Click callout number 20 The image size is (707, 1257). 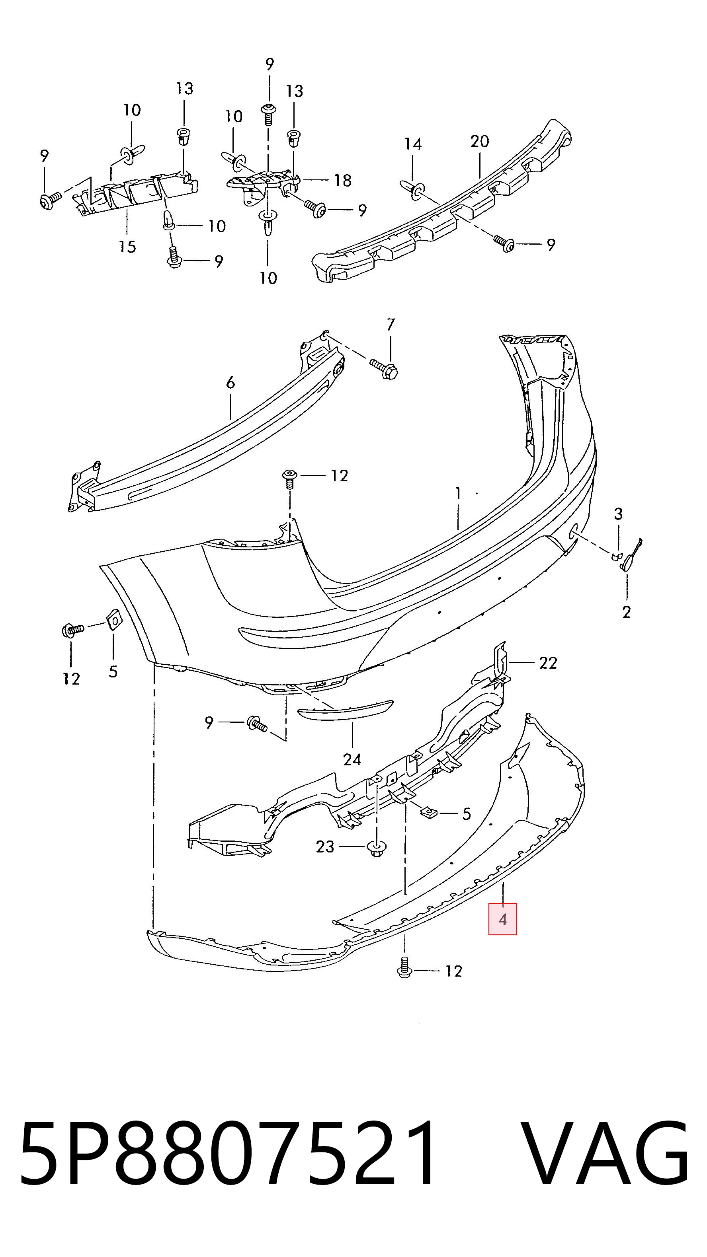(479, 142)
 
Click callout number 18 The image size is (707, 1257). (343, 181)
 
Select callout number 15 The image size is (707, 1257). (127, 246)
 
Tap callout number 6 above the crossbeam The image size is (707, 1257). (230, 383)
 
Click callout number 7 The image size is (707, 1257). (390, 325)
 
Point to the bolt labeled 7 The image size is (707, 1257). (384, 368)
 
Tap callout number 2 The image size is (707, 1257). (627, 612)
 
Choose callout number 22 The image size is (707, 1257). (548, 663)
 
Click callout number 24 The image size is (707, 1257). (352, 759)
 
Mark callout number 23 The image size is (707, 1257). (325, 846)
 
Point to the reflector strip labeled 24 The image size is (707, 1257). (345, 710)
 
